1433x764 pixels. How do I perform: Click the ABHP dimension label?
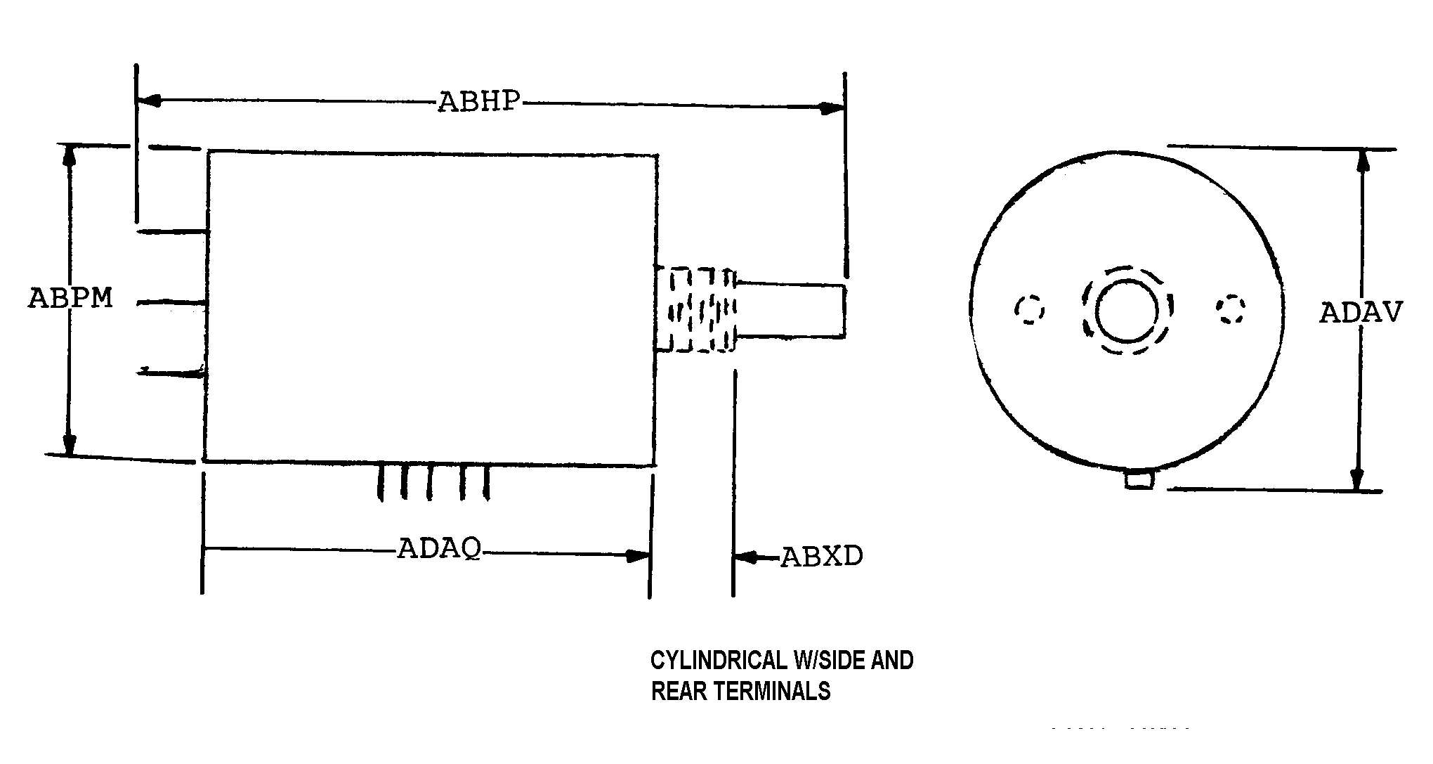[479, 102]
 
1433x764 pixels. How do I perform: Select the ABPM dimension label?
[70, 298]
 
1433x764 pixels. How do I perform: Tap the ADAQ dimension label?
[440, 548]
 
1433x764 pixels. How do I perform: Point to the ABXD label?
[822, 557]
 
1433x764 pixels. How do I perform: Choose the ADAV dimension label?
[1361, 312]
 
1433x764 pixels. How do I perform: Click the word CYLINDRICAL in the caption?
[719, 661]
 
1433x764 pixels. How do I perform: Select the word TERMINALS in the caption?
[774, 692]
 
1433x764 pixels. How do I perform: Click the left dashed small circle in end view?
[1030, 309]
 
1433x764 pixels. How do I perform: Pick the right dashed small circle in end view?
[1231, 309]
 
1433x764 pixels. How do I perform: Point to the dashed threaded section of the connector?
[695, 309]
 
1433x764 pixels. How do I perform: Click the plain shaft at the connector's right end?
[790, 310]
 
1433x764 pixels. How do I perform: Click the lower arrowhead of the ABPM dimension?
[69, 443]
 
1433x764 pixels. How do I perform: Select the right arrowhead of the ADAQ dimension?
[637, 556]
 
